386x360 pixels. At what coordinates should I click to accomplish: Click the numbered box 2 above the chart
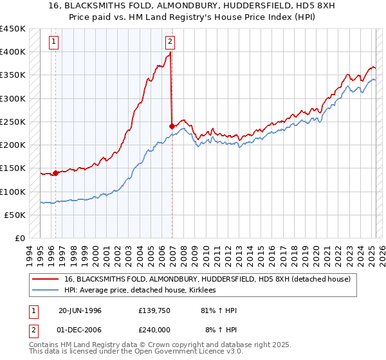tap(170, 43)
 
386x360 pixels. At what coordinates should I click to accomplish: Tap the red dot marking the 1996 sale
tap(56, 173)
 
